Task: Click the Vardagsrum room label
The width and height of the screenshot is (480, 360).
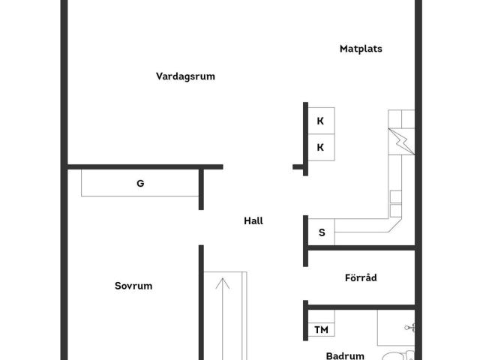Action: tap(185, 76)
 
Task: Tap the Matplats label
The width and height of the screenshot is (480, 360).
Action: tap(361, 49)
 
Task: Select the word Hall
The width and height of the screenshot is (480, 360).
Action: tap(253, 220)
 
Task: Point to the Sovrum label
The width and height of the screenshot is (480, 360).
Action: tap(133, 286)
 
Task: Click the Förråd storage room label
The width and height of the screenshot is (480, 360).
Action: tap(361, 277)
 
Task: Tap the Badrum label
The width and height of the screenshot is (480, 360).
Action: tap(345, 355)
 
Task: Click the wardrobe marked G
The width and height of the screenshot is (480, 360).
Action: tap(140, 183)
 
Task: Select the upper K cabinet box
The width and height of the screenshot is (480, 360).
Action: tap(321, 121)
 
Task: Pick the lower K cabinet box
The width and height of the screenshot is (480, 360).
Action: tap(321, 147)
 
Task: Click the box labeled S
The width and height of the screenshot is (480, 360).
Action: tap(321, 232)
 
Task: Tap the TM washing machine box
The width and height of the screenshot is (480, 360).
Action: tap(321, 330)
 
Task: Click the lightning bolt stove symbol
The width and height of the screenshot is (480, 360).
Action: tap(401, 142)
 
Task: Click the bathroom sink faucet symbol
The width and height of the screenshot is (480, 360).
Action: tap(409, 328)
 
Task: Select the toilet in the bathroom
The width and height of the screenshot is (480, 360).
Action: tap(398, 355)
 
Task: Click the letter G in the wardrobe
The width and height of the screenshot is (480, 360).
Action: tap(140, 183)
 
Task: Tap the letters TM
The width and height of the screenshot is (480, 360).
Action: tap(321, 330)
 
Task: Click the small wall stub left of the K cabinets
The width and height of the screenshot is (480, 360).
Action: tap(298, 166)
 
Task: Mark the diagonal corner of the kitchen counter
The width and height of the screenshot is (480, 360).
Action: tap(395, 225)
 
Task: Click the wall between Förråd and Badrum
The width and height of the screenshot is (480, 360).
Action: tap(361, 307)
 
